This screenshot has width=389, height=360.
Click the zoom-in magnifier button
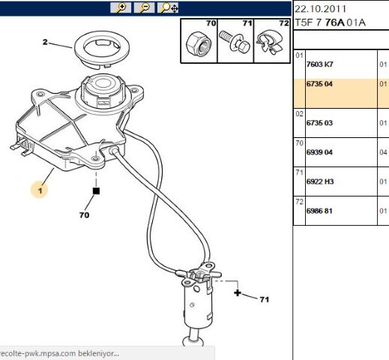pyautogui.click(x=121, y=7)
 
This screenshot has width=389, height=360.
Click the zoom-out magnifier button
pyautogui.click(x=144, y=7)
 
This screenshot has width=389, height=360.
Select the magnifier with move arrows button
pyautogui.click(x=168, y=7)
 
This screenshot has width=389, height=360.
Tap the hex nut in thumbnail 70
pyautogui.click(x=199, y=44)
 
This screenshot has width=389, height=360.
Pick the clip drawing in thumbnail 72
pyautogui.click(x=270, y=42)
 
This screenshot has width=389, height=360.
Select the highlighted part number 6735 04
pyautogui.click(x=319, y=84)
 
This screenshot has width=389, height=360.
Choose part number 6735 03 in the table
pyautogui.click(x=319, y=123)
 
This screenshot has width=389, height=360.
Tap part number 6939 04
pyautogui.click(x=319, y=152)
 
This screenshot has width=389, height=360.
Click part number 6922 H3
pyautogui.click(x=320, y=181)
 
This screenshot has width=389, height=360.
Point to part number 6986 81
pyautogui.click(x=319, y=211)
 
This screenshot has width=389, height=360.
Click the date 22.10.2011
pyautogui.click(x=320, y=9)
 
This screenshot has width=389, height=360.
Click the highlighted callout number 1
pyautogui.click(x=40, y=190)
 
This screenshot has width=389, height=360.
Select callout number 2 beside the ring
pyautogui.click(x=45, y=42)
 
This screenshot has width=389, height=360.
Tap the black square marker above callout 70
pyautogui.click(x=96, y=191)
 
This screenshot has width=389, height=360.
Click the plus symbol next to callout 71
pyautogui.click(x=238, y=292)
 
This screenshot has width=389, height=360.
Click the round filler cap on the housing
pyautogui.click(x=103, y=89)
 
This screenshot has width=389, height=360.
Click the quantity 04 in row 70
pyautogui.click(x=383, y=152)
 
